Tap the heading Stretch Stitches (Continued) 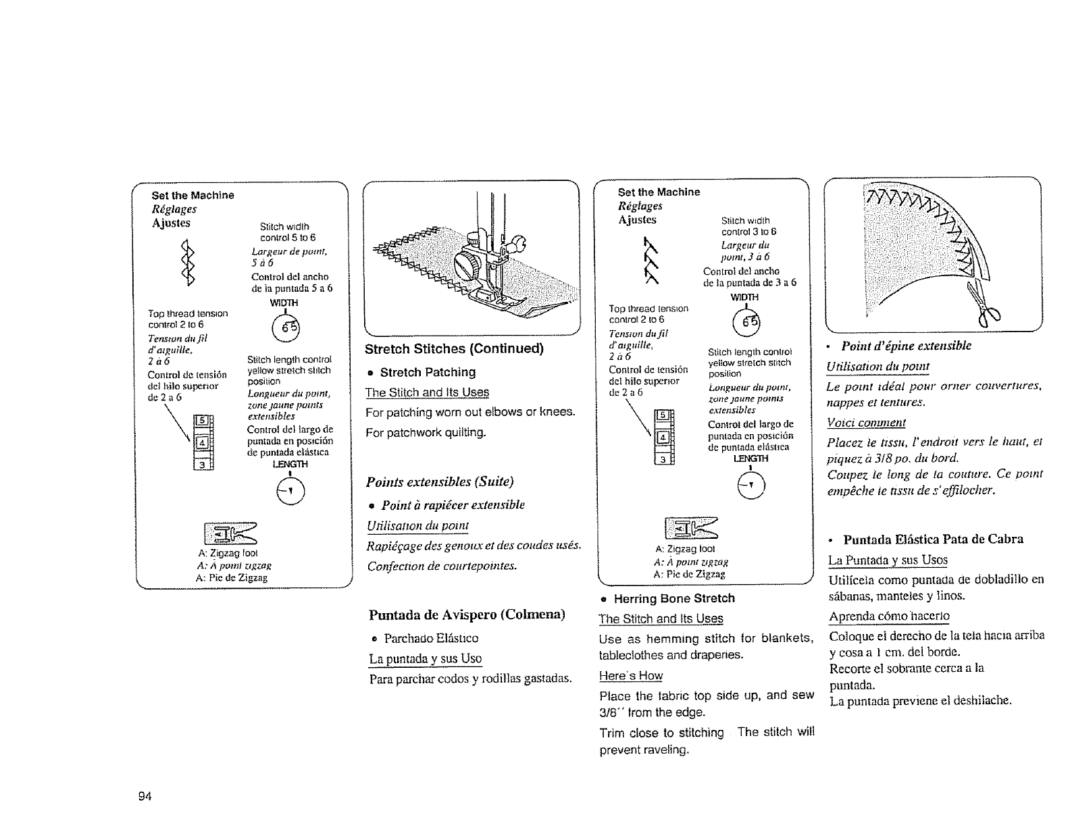coord(454,349)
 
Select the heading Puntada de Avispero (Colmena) coord(467,615)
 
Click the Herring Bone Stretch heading coord(673,598)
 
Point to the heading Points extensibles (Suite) coord(440,481)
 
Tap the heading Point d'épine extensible coord(906,346)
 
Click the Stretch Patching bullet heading coord(427,372)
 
